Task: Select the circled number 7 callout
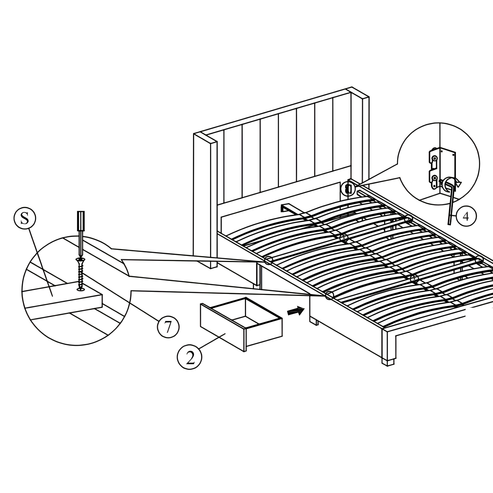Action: click(x=168, y=327)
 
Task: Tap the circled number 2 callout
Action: click(x=189, y=357)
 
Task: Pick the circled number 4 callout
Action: click(x=466, y=216)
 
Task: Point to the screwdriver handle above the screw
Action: click(x=81, y=221)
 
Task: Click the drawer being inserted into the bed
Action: click(x=241, y=324)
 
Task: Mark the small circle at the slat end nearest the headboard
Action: click(x=268, y=260)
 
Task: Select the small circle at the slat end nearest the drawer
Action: click(x=329, y=296)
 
